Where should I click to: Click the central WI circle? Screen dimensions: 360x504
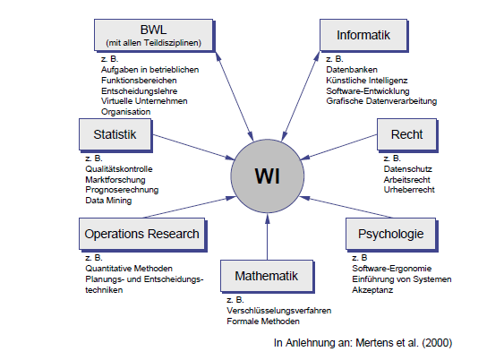(x=267, y=174)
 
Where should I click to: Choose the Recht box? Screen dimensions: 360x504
(x=407, y=134)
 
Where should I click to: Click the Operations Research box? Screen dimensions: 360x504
(x=141, y=235)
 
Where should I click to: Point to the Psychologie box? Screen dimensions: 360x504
(x=392, y=235)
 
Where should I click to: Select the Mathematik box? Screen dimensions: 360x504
(x=266, y=274)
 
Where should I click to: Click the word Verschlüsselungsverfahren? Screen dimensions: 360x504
(x=278, y=310)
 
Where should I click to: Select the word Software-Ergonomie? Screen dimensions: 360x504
(x=392, y=269)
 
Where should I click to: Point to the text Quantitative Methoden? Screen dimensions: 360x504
(x=129, y=269)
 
